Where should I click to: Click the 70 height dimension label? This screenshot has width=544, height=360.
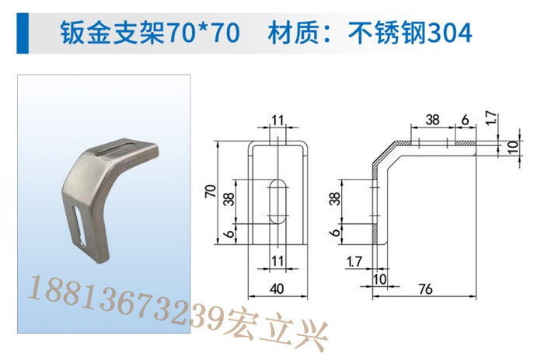click(211, 191)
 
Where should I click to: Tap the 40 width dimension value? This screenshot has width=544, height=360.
click(277, 288)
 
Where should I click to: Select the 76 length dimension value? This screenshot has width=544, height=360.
click(426, 288)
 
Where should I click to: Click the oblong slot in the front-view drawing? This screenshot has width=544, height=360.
click(278, 201)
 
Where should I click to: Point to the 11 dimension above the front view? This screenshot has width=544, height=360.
click(277, 121)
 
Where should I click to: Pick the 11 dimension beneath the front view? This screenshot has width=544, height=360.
click(277, 261)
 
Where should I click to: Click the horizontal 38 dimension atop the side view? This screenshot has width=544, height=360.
click(433, 120)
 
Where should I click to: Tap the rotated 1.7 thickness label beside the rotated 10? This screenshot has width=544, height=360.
click(492, 118)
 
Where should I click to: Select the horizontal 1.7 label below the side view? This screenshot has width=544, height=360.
click(354, 261)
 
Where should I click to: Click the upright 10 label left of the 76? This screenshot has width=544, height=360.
click(379, 279)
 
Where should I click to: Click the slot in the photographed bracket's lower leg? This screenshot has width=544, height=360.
click(80, 225)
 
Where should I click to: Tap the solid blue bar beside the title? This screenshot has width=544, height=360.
click(23, 33)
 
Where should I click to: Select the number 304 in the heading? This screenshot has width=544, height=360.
click(450, 33)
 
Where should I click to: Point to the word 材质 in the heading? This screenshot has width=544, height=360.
click(294, 33)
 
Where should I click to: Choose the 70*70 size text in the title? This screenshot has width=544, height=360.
click(202, 33)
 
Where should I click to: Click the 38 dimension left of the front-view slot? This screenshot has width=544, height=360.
click(229, 199)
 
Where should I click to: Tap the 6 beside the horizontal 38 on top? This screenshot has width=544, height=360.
click(465, 120)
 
